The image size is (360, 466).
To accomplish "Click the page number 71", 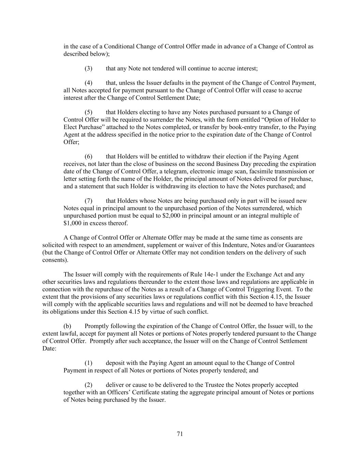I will (180, 434).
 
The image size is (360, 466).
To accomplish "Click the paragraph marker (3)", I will (88, 68).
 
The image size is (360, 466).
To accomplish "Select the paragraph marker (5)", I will (88, 112).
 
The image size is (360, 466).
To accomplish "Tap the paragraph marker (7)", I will (88, 201).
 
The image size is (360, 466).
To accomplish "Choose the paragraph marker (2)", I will (88, 385).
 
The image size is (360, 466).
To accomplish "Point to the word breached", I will (301, 304).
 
